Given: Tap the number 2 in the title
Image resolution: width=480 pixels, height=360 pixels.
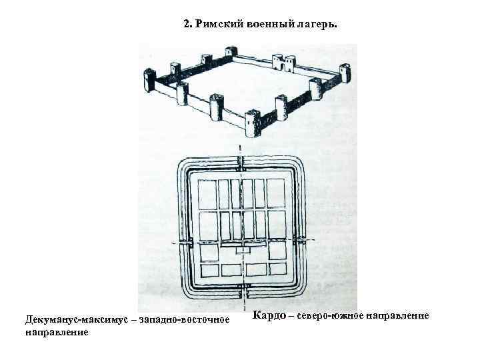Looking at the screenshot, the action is (187, 24).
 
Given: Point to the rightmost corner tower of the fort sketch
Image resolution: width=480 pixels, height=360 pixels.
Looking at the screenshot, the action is (345, 73).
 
